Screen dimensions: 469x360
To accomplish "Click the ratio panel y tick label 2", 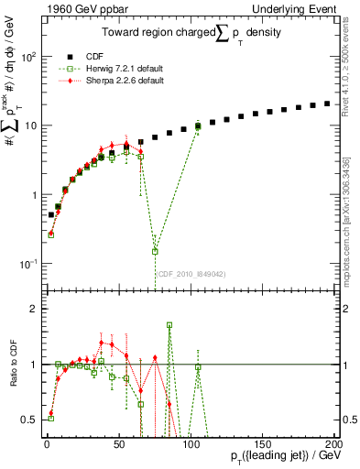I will click(35, 309).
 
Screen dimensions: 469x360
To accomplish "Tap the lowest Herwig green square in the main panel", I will click(155, 251).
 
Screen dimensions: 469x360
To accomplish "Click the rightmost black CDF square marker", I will click(328, 104).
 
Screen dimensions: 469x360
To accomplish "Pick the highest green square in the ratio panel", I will click(169, 324).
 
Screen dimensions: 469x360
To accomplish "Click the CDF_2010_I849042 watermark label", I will click(187, 272).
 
